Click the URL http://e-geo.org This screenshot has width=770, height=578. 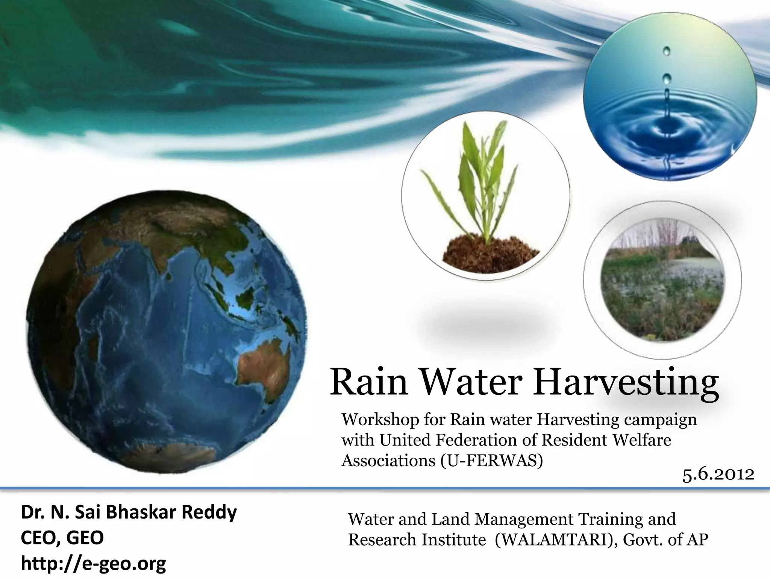[x=93, y=563]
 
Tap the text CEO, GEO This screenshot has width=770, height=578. [x=62, y=538]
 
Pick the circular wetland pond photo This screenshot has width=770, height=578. [x=662, y=282]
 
